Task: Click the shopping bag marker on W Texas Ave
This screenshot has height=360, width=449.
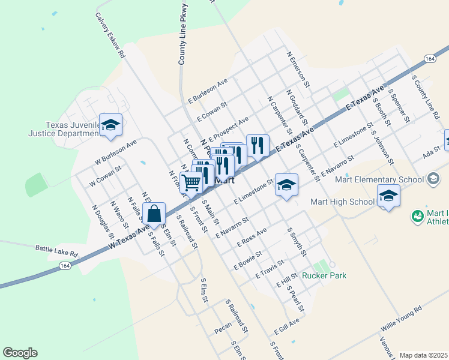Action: [x=154, y=214]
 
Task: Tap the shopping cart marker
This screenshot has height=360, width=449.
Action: [x=191, y=182]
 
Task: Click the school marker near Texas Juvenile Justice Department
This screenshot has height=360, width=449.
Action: [x=110, y=125]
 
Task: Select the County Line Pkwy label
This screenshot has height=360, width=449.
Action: [x=183, y=33]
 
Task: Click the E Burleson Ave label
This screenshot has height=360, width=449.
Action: [x=208, y=89]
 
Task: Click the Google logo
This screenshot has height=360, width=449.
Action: [x=20, y=353]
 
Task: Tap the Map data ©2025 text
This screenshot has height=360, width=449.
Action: [x=423, y=355]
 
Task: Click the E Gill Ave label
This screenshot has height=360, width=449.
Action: [x=286, y=327]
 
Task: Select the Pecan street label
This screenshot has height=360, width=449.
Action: [x=223, y=331]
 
